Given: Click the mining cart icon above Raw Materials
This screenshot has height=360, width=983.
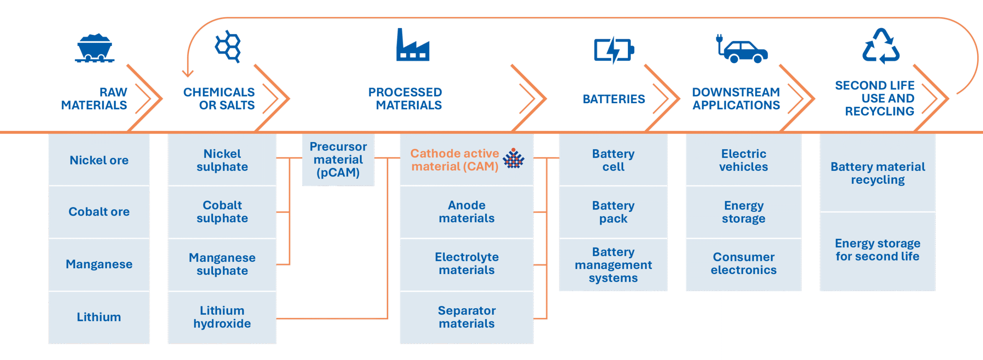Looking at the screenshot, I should point(94,48).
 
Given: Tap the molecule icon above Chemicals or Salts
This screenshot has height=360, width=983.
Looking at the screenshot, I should point(228,46).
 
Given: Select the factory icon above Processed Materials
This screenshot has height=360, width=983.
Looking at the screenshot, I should point(413,46).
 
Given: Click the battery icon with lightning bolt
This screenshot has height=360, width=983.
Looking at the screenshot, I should point(614,50).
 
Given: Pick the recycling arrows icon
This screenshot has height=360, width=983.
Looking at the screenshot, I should point(881,47).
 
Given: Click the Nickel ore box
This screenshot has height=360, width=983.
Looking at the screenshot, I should point(99,160).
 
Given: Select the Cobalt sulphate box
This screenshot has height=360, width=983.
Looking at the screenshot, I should point(222,211).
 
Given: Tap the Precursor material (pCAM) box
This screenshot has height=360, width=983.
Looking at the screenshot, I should point(338,160).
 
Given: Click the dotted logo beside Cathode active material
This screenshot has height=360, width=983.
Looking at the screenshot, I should point(513,159).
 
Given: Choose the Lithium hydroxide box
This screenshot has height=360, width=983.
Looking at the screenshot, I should point(222,317).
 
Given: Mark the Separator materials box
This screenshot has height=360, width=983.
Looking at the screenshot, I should point(467,317).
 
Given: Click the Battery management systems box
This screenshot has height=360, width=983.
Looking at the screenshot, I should point(613,265).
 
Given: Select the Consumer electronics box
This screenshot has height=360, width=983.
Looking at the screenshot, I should point(743,264).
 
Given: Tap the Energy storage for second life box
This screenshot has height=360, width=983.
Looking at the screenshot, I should point(877,250).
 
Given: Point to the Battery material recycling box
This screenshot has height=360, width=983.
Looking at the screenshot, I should point(877,173).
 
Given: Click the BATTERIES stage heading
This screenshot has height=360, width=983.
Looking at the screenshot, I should point(614,99).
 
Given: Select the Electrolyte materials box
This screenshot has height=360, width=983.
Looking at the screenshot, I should point(467,264).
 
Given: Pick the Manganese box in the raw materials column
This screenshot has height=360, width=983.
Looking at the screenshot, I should point(99,264).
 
